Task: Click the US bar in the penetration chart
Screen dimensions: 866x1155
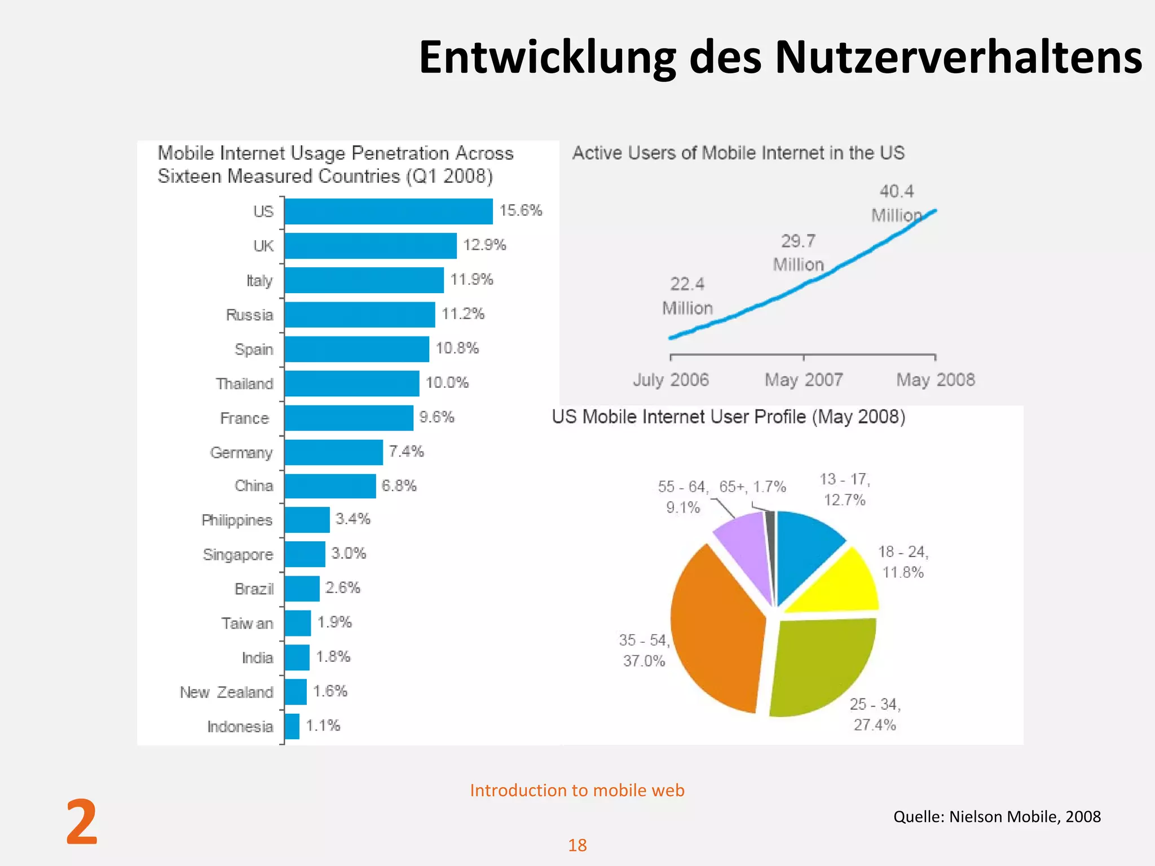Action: point(388,211)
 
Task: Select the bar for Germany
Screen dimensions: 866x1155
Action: point(333,452)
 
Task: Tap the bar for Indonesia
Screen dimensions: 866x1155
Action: point(292,726)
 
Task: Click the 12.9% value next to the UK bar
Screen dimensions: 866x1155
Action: point(484,245)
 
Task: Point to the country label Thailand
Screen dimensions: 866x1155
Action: point(244,384)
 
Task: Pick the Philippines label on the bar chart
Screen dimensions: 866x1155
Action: point(237,520)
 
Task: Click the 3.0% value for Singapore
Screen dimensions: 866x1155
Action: point(349,554)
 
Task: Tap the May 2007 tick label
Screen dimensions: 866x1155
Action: point(804,380)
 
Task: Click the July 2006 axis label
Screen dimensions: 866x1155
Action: point(671,380)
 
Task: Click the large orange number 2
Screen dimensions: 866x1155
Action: point(82,823)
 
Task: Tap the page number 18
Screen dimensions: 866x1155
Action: point(577,845)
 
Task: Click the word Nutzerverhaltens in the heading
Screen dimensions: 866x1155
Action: point(958,58)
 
